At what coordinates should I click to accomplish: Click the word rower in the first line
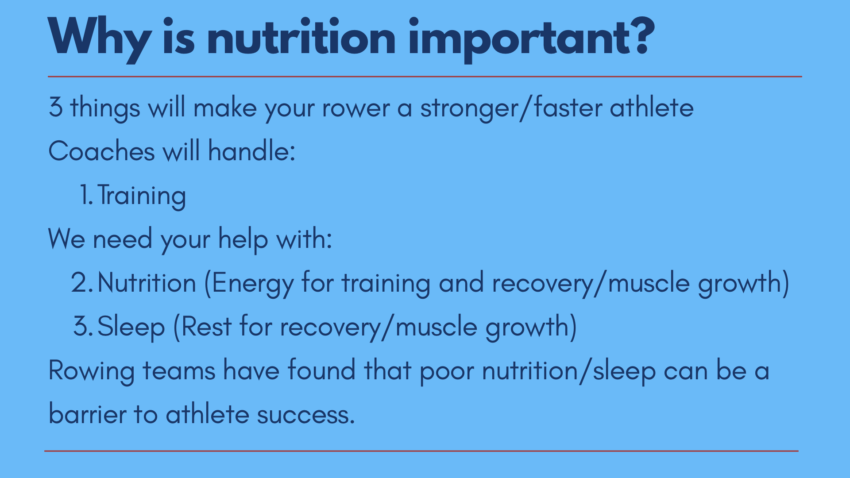point(356,108)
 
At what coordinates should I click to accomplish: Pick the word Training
point(141,196)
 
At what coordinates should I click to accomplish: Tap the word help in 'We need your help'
point(243,240)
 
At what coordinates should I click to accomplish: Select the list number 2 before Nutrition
point(82,282)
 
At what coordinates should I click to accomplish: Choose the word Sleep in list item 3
point(131,327)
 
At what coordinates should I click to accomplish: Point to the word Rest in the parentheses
point(206,327)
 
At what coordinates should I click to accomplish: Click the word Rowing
point(91,371)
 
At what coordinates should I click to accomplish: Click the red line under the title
point(425,77)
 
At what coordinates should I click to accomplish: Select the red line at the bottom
point(421,451)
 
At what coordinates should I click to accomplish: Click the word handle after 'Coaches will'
point(251,151)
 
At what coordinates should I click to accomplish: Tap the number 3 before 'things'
point(56,108)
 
